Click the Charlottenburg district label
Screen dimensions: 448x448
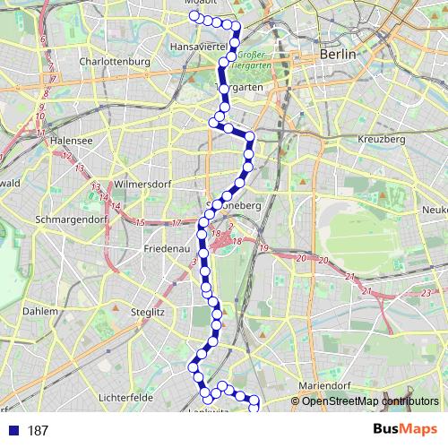coord(113,62)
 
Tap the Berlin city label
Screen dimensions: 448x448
coord(338,55)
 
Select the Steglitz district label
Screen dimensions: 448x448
coord(148,312)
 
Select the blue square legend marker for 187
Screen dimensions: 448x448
coord(13,430)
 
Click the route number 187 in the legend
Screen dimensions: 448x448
coord(38,431)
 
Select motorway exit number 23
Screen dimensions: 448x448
coord(426,294)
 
